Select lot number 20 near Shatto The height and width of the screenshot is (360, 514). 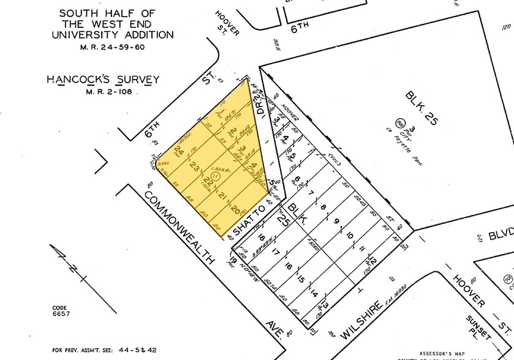237,209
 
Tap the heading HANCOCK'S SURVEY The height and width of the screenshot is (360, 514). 103,80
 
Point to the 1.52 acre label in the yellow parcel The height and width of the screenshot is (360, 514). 212,169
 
